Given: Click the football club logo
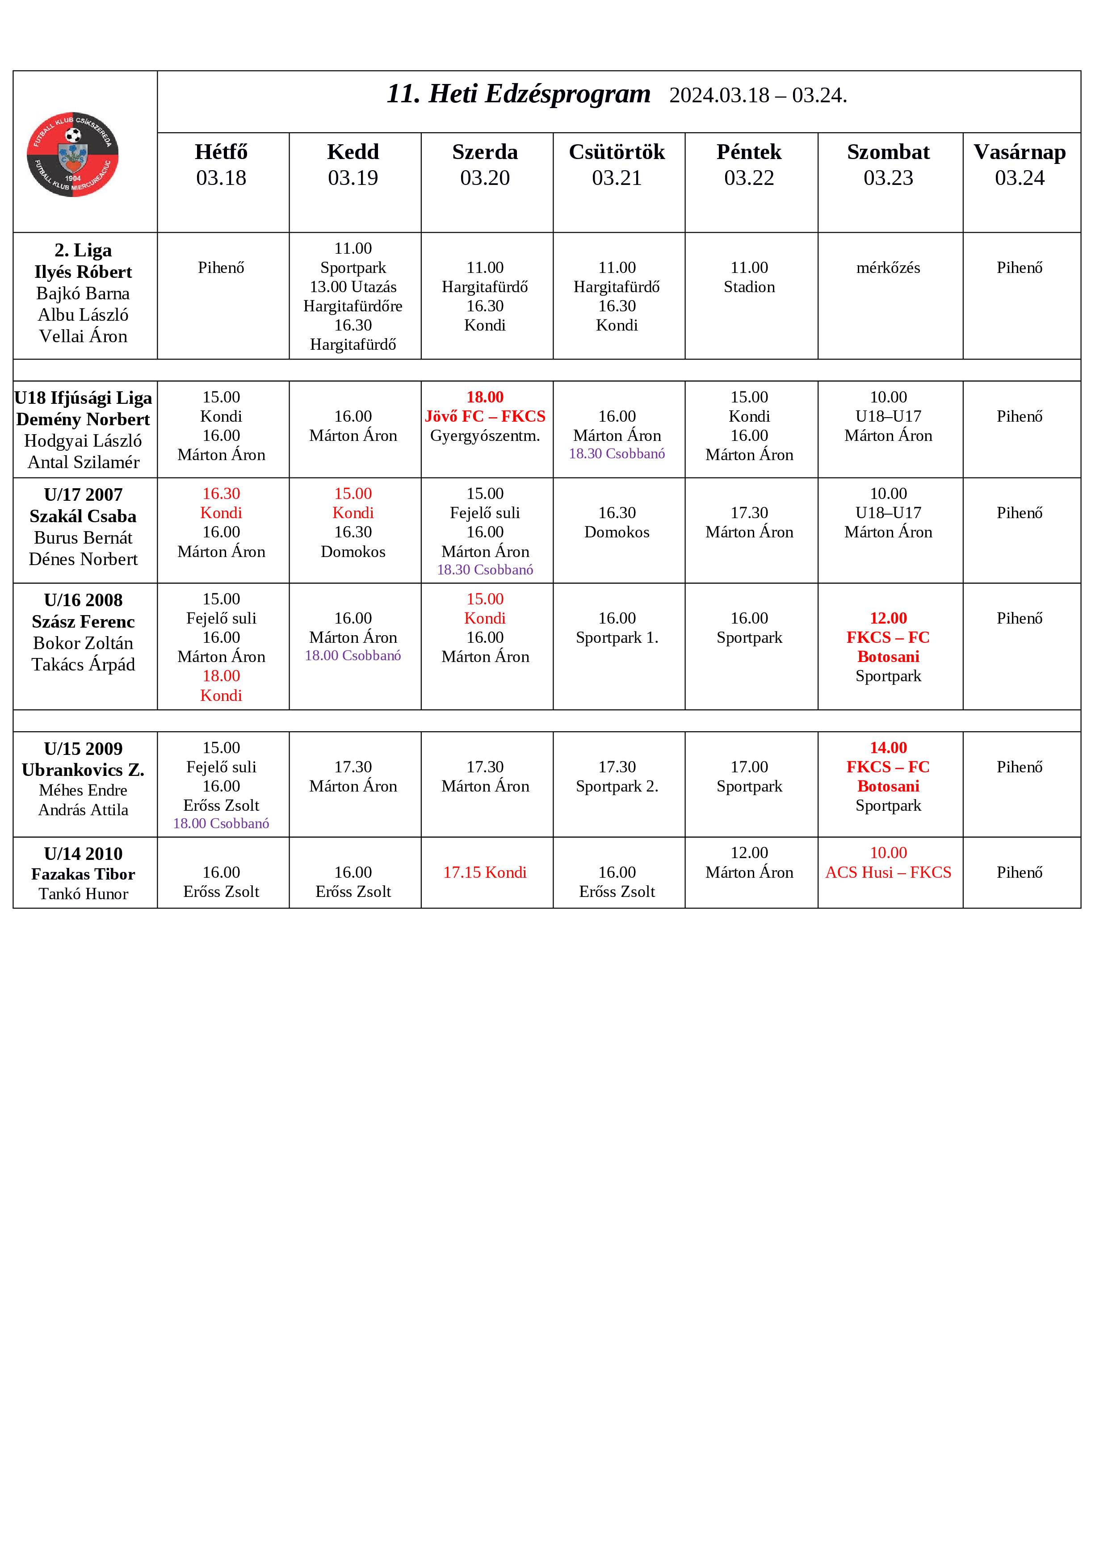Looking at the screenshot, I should tap(72, 154).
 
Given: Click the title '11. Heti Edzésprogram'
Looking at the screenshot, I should tap(518, 94).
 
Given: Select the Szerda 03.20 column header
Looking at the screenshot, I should tap(485, 164).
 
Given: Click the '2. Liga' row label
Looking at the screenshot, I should tap(83, 251).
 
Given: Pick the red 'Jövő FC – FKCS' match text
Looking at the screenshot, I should tap(485, 416).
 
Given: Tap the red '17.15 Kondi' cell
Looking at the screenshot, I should tap(485, 872).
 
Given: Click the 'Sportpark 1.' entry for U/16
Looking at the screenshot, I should tap(617, 637).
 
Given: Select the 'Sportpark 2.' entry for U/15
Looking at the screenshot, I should tap(617, 786).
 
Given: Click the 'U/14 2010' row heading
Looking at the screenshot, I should tap(83, 854).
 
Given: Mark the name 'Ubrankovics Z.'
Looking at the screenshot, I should tap(83, 770).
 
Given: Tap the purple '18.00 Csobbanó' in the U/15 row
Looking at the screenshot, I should tap(221, 824).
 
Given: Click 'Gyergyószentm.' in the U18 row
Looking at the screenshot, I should tap(485, 436).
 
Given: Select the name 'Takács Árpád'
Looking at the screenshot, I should tap(83, 665).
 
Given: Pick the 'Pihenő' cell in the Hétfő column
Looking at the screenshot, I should tap(221, 268).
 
